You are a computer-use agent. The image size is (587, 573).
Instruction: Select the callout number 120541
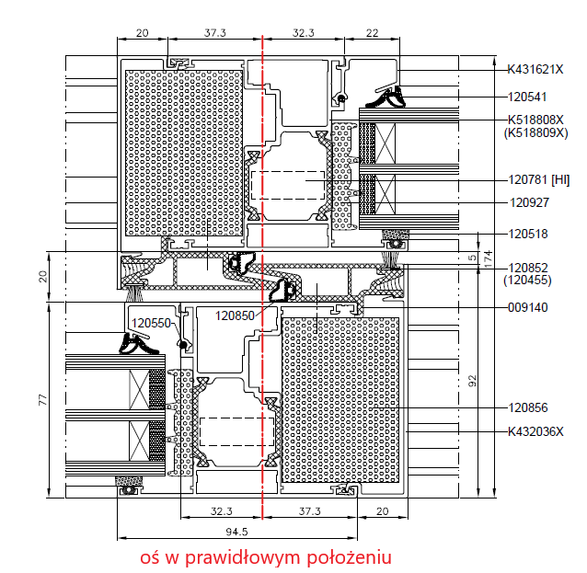click(526, 96)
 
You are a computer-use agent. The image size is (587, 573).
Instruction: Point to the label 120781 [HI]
click(539, 179)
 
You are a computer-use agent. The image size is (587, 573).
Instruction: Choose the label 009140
click(527, 307)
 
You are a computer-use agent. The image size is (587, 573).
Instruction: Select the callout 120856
click(527, 407)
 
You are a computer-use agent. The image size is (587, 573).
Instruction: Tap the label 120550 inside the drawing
click(151, 323)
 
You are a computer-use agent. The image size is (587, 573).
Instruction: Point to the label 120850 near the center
click(236, 315)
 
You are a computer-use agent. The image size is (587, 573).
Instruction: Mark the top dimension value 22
click(372, 32)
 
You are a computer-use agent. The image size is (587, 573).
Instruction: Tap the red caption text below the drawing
click(266, 557)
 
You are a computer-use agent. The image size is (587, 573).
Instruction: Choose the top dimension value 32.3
click(304, 32)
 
